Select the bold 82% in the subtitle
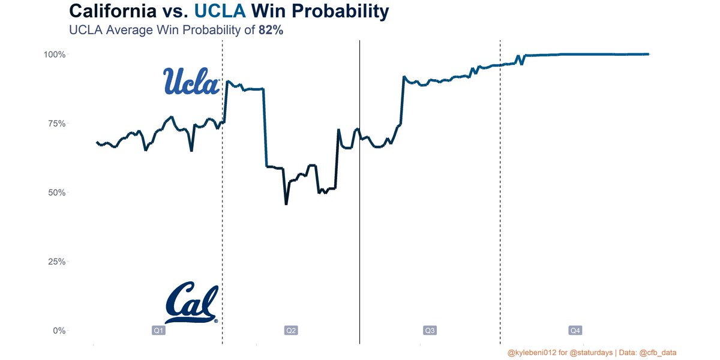pyautogui.click(x=271, y=30)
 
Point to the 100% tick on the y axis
pyautogui.click(x=55, y=55)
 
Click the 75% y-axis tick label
pyautogui.click(x=56, y=124)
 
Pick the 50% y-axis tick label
pyautogui.click(x=56, y=193)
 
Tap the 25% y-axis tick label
pyautogui.click(x=56, y=262)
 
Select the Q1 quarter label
pyautogui.click(x=158, y=331)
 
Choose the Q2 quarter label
pyautogui.click(x=291, y=331)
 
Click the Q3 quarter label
pyautogui.click(x=430, y=331)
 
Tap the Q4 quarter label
pyautogui.click(x=575, y=331)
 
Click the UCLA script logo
pyautogui.click(x=191, y=81)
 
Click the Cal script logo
pyautogui.click(x=191, y=303)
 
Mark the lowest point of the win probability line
pyautogui.click(x=286, y=204)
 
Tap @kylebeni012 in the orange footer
pyautogui.click(x=532, y=352)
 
